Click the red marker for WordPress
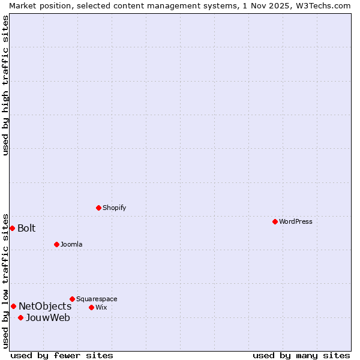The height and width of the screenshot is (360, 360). [x=275, y=221]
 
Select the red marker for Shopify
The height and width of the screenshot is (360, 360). [x=98, y=208]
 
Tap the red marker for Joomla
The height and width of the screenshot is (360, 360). [x=56, y=244]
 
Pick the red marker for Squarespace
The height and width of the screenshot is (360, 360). [x=72, y=299]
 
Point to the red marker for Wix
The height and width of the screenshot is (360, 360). [x=91, y=307]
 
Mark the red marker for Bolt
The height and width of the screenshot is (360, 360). [x=12, y=228]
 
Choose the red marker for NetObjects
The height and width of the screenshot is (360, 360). [x=13, y=306]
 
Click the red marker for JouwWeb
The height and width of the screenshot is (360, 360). [x=20, y=317]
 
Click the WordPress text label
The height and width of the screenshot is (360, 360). [x=296, y=221]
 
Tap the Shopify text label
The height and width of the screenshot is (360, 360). [x=115, y=208]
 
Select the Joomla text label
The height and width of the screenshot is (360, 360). [x=71, y=244]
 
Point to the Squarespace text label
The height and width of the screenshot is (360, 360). [x=97, y=299]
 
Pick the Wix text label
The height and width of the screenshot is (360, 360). [x=101, y=307]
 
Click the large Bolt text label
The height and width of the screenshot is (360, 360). [x=26, y=228]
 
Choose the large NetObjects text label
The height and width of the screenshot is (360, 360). [x=45, y=307]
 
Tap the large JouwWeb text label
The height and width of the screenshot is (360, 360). [x=48, y=318]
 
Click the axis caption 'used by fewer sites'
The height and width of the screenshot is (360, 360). [x=62, y=355]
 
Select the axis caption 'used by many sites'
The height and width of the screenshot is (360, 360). [x=301, y=355]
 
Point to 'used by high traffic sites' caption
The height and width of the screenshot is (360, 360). [x=5, y=85]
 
